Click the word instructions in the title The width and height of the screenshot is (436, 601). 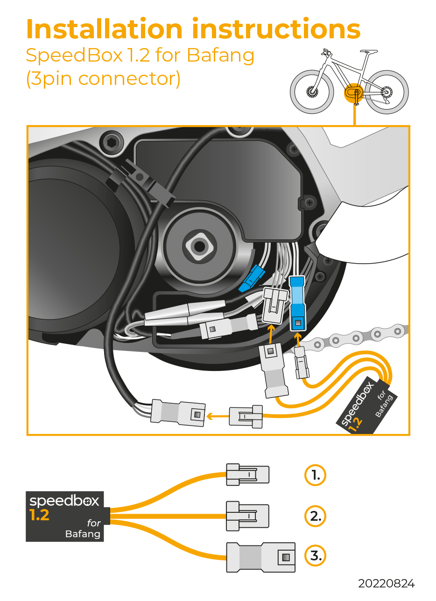point(276,29)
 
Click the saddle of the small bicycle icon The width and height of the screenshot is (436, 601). point(369,52)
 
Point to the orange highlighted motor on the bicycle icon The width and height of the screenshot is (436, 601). point(353,91)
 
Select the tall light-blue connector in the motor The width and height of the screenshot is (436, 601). point(297,304)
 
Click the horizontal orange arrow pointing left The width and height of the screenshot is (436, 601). point(218,415)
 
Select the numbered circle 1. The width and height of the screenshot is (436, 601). point(315,475)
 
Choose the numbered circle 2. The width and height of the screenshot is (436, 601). point(315,516)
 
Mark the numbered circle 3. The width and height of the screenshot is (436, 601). point(315,556)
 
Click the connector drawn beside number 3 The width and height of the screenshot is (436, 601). point(260,557)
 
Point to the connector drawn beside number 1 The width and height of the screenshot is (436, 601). point(247,475)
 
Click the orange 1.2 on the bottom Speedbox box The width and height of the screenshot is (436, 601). point(39,516)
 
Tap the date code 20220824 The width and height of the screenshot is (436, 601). point(386,584)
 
